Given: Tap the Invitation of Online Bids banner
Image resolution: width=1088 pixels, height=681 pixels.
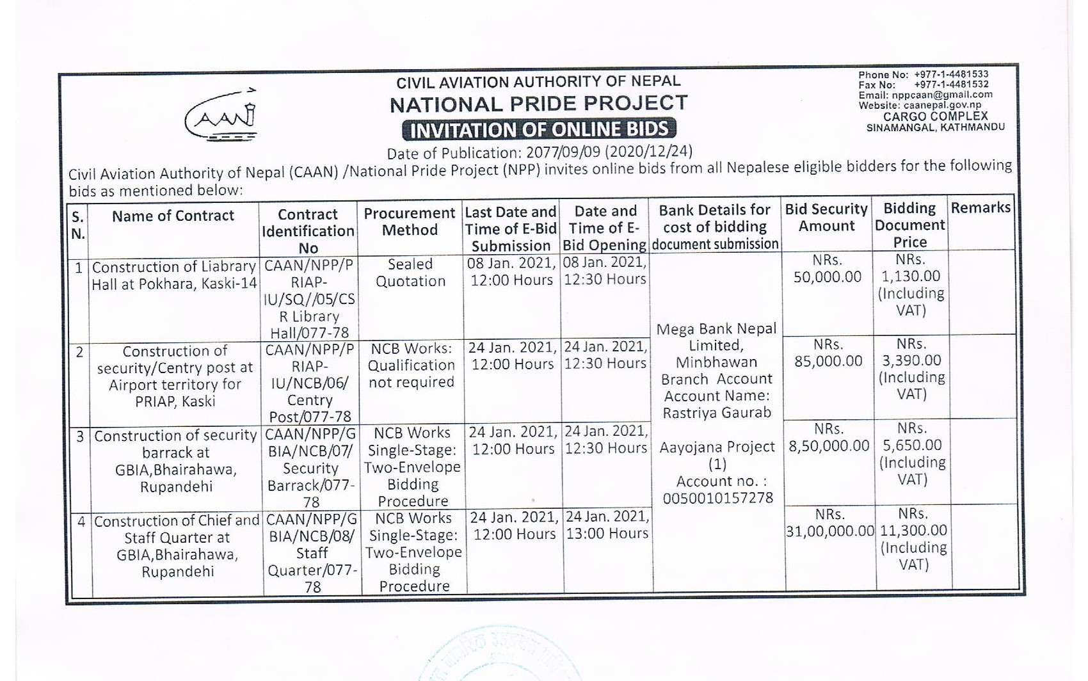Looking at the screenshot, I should coord(539,129).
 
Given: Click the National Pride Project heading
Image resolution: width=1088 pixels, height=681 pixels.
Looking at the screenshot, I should coord(539,103).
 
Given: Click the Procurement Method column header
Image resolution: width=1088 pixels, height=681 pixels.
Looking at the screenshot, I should coord(410,221).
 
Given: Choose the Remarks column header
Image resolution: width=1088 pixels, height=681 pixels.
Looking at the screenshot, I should coord(980,208).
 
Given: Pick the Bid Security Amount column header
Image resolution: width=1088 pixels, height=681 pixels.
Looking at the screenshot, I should coord(826,218).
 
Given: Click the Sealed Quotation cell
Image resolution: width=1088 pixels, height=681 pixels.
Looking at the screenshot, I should coord(410,273).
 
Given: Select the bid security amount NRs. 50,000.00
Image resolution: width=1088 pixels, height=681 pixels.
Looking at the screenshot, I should coord(827,269).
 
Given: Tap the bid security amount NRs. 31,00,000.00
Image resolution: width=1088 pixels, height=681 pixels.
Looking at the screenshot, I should coord(829,523).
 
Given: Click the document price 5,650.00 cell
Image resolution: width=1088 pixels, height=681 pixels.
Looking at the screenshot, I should coord(911,453).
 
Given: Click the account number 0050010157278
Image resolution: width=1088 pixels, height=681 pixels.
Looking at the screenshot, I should coord(717,498).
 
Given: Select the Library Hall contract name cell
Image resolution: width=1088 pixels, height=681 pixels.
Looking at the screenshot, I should coord(174,275).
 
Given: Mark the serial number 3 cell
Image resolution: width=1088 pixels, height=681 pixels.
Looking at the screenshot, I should coord(80,437).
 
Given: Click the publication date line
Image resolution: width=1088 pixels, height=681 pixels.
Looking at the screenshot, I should coord(539,153).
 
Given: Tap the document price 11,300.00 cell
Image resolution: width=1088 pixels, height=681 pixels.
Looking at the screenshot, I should coord(913,539).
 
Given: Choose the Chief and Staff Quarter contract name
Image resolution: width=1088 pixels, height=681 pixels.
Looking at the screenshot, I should coord(177,546).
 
